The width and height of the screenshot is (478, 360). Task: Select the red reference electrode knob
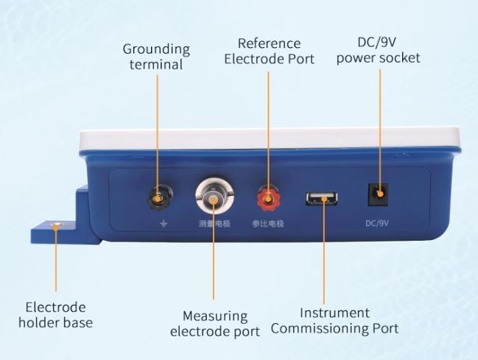[x=268, y=198]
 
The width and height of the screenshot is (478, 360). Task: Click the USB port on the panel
[x=322, y=199]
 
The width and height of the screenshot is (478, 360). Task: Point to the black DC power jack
[x=378, y=194]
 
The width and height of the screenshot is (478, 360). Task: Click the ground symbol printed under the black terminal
[x=164, y=224]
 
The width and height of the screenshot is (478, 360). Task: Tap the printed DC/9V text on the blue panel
[x=377, y=224]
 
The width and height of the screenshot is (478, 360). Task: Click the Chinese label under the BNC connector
[x=214, y=224]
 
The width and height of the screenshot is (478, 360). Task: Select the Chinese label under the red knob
[x=268, y=224]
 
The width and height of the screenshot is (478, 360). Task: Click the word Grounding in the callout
[x=156, y=49]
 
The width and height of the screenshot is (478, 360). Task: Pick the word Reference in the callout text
[x=269, y=43]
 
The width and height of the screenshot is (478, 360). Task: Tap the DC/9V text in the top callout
[x=377, y=43]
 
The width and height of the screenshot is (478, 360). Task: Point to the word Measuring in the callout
[x=215, y=317]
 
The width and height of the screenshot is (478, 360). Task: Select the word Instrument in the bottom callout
[x=334, y=313]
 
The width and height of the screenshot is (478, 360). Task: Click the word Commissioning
[x=320, y=328]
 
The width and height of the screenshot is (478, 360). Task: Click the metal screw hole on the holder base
[x=57, y=225]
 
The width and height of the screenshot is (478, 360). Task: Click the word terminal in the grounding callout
[x=156, y=65]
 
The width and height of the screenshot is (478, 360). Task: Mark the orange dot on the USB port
[x=324, y=200]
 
